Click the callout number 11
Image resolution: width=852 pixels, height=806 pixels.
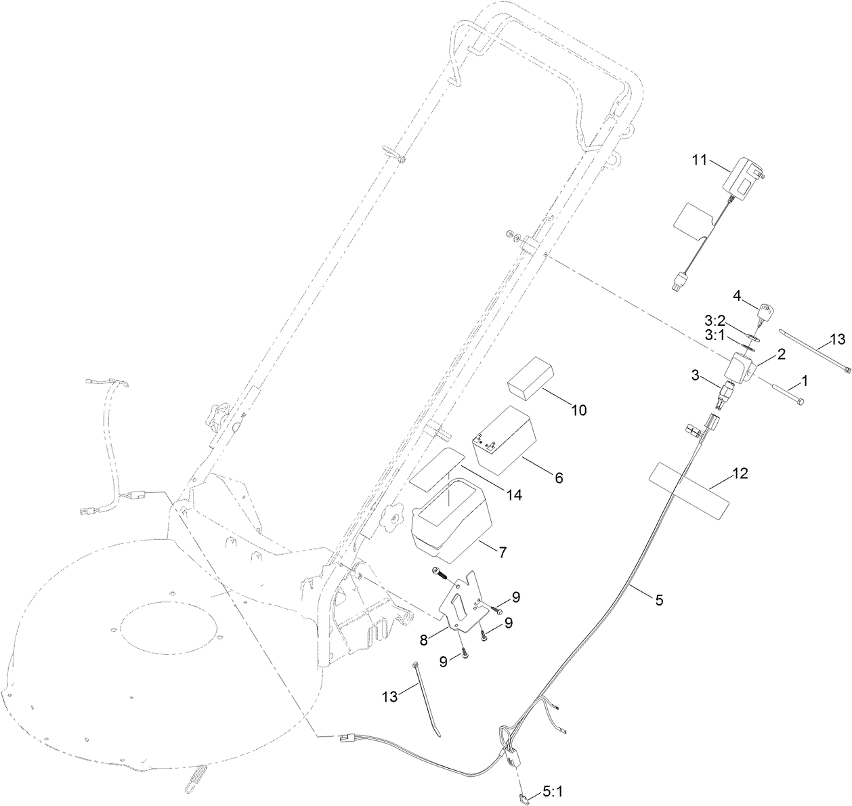pyautogui.click(x=698, y=160)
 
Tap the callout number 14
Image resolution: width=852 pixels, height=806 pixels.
pyautogui.click(x=514, y=495)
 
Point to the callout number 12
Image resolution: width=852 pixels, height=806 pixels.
pyautogui.click(x=740, y=474)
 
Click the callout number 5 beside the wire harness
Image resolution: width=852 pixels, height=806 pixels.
pyautogui.click(x=658, y=599)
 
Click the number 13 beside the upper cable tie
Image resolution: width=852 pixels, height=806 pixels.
pyautogui.click(x=837, y=339)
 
